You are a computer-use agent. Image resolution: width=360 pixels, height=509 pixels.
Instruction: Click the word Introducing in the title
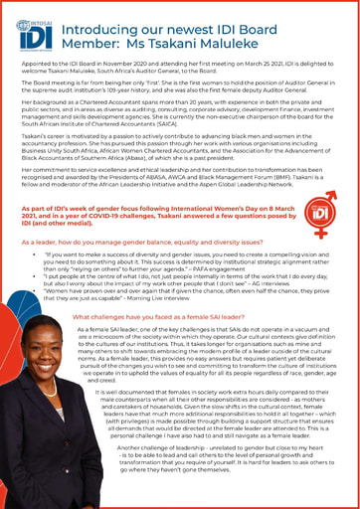click(103, 32)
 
